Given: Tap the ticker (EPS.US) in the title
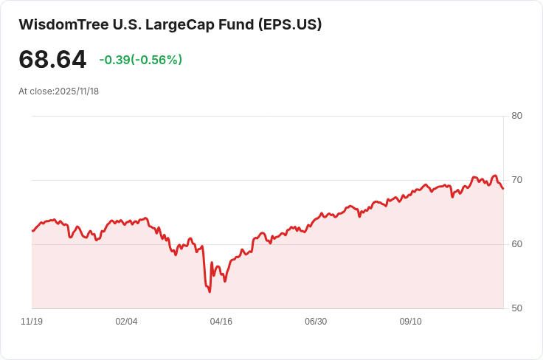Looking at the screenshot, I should [290, 24].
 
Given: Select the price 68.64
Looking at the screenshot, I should [52, 60].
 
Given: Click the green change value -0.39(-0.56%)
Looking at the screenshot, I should [140, 60].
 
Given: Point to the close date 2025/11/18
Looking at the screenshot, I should [77, 91].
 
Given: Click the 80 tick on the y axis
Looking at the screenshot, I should [516, 116].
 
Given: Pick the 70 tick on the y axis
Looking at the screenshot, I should [516, 180].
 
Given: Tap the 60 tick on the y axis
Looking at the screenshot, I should [516, 244].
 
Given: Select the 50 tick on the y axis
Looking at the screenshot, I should [516, 308].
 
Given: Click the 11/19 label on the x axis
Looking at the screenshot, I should [32, 322].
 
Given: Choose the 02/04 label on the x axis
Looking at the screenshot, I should [126, 322].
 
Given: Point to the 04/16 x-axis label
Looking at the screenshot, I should [221, 322].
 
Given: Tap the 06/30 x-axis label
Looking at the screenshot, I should [316, 322].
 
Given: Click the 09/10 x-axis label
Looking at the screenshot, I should [410, 322].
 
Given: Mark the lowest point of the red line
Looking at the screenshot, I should [210, 292].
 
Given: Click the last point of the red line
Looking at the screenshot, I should [503, 189].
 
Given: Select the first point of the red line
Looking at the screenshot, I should [32, 231].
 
